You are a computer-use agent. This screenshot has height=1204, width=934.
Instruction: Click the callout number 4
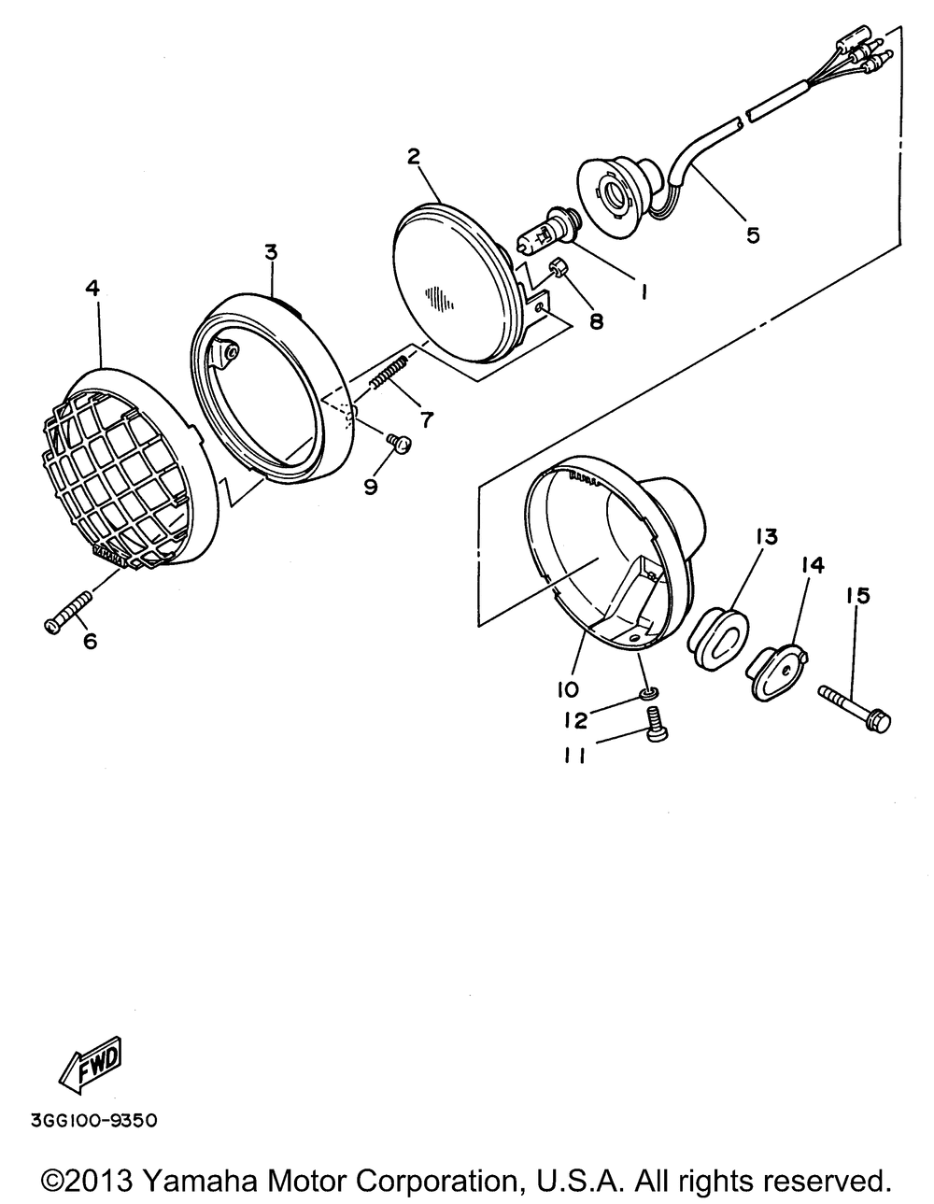92,289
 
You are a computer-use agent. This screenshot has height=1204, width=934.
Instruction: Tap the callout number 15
856,596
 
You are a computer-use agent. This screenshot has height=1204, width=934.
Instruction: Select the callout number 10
568,688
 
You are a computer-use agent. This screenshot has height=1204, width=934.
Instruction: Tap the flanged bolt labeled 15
855,707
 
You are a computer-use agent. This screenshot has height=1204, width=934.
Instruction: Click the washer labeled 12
643,693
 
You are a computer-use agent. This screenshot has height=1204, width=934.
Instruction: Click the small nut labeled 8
558,270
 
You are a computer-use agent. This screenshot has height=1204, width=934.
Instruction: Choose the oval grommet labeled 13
717,638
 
